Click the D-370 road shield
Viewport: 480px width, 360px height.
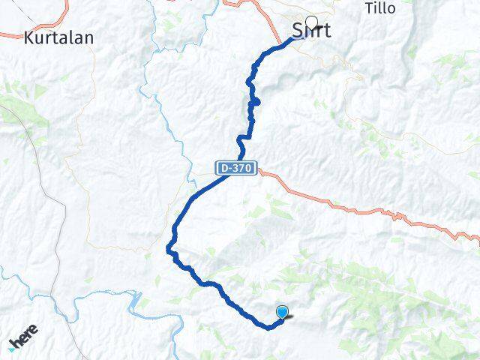tap(236, 169)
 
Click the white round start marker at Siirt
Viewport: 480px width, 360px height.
tap(311, 22)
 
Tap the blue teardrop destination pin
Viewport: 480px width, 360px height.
tap(282, 312)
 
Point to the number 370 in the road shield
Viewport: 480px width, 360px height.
tap(241, 169)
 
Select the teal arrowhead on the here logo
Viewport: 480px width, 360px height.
tap(13, 346)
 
